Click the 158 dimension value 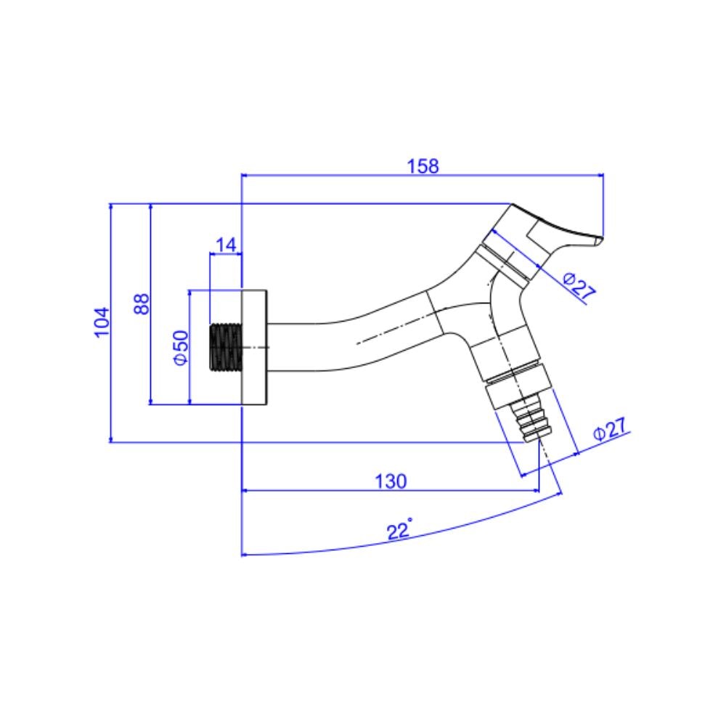point(423,166)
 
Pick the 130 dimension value point(391,481)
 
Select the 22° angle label point(399,531)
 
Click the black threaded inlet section point(224,347)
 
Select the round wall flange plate point(254,347)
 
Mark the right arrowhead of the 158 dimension point(601,174)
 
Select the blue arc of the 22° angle point(327,550)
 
